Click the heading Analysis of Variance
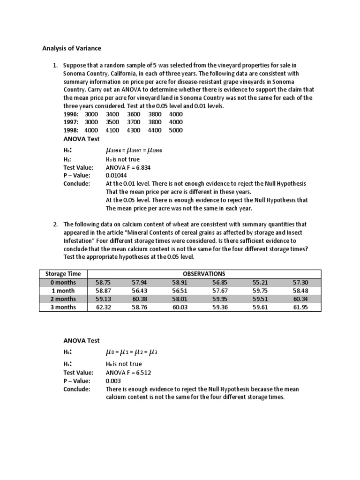pos(72,48)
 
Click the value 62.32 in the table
pos(103,307)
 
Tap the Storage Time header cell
pos(63,274)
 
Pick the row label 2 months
pos(63,299)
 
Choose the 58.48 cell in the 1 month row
pos(300,291)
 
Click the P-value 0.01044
pos(117,175)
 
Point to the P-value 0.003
pos(113,381)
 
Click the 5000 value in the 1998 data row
pos(176,130)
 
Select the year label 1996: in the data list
pos(71,114)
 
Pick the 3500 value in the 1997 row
pos(113,122)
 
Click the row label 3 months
pos(63,307)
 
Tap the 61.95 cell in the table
pos(300,307)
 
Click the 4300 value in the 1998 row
pos(134,130)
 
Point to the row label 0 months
pos(63,282)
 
